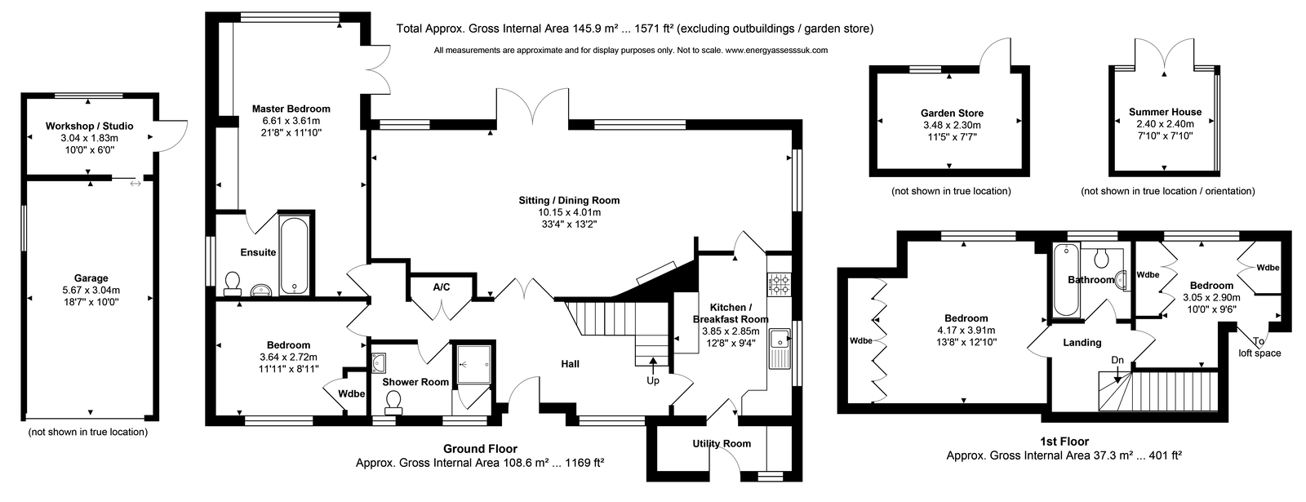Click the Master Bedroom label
[x=291, y=109]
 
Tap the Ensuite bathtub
[x=294, y=256]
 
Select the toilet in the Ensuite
[x=233, y=282]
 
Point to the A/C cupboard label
[x=442, y=287]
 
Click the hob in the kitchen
[x=780, y=285]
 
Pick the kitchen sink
[x=780, y=348]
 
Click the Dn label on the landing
[x=1117, y=360]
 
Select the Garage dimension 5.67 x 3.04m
[x=91, y=290]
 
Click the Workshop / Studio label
[x=89, y=126]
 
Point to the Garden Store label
[x=952, y=113]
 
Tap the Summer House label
[x=1165, y=112]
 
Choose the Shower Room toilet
[x=393, y=402]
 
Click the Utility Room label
[x=722, y=444]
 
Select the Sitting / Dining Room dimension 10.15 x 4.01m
[x=569, y=212]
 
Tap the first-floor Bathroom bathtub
[x=1066, y=281]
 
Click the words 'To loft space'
[x=1259, y=347]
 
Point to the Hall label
[x=570, y=364]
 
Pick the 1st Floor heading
[x=1064, y=442]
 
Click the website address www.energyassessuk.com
[x=775, y=50]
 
